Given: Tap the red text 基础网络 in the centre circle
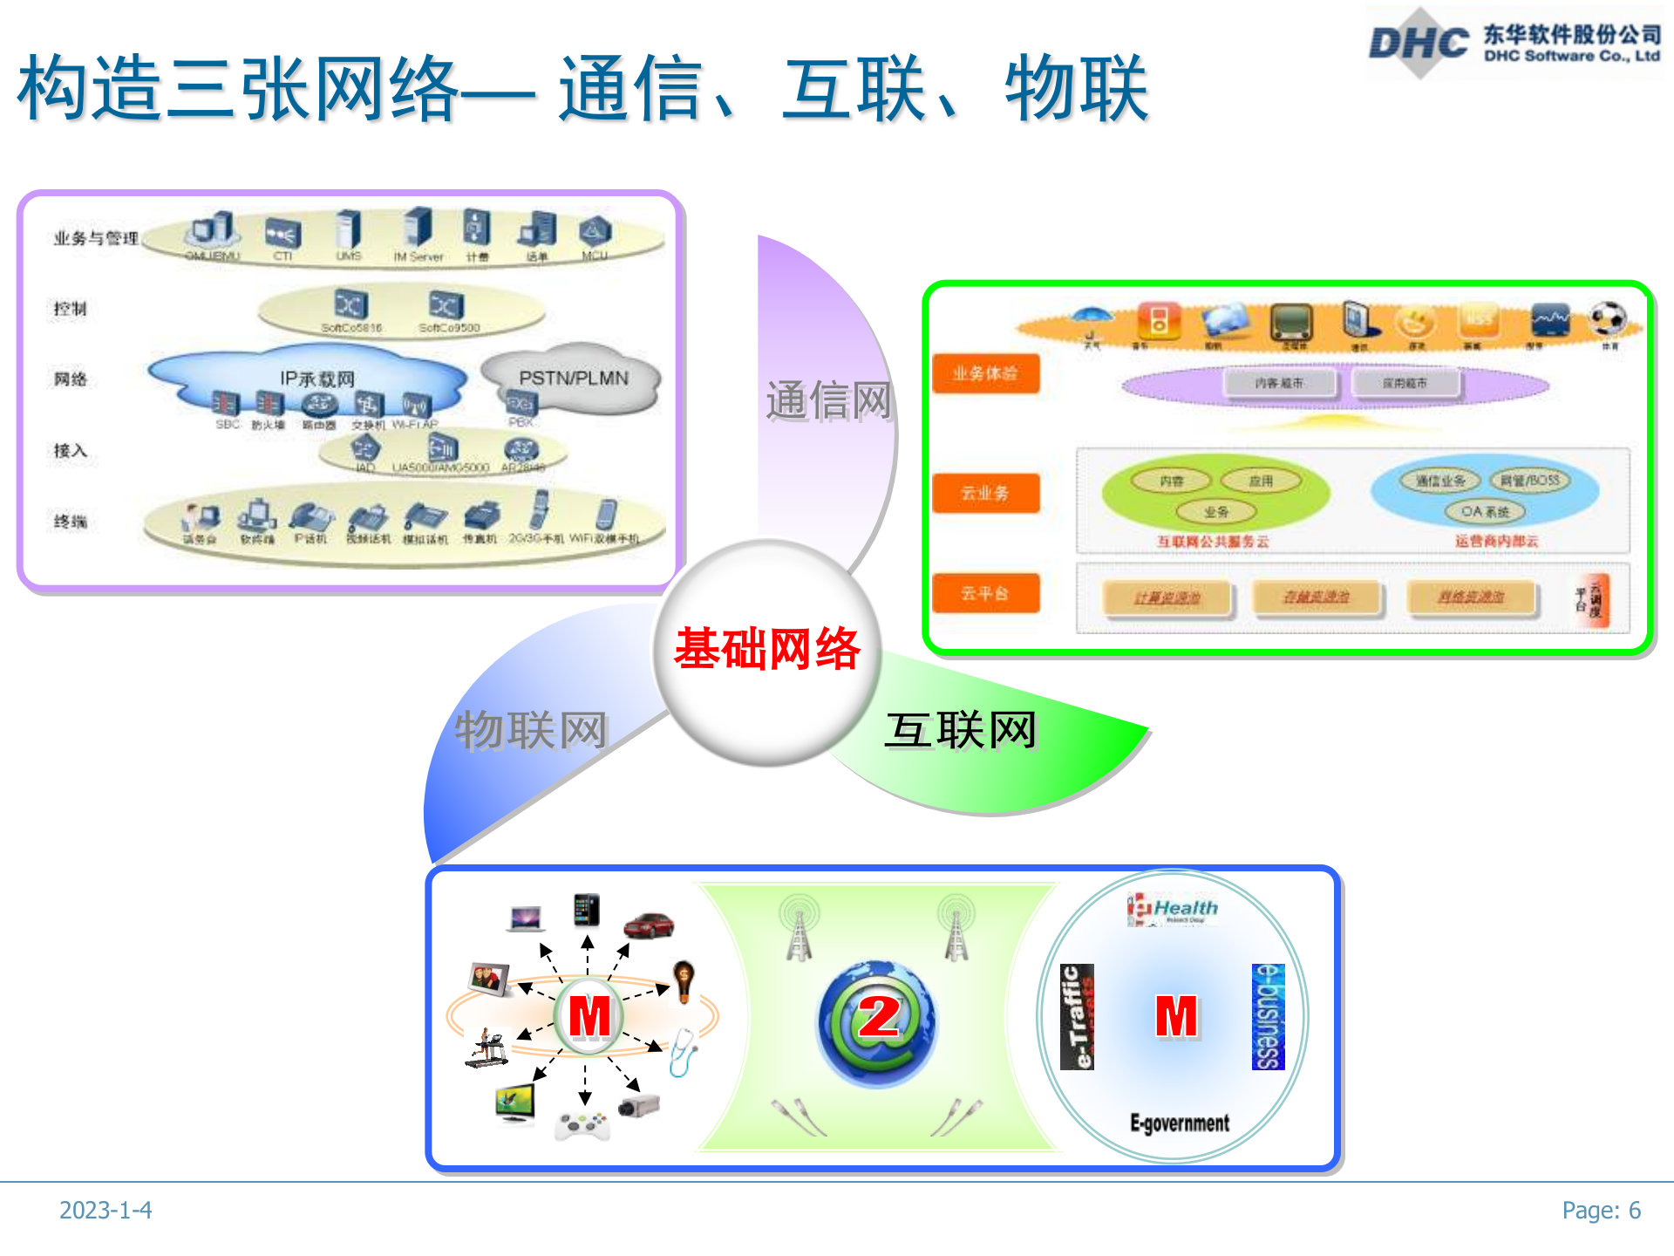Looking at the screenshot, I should click(767, 650).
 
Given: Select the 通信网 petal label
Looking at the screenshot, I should click(828, 401).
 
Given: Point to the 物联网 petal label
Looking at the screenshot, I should click(531, 730).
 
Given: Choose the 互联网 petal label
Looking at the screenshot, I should click(961, 730).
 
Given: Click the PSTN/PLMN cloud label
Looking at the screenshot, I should click(573, 379).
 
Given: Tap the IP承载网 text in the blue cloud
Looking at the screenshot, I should click(317, 379).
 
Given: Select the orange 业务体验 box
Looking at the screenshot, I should click(985, 374).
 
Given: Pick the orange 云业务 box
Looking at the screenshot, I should click(985, 493).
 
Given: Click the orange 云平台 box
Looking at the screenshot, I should click(985, 594).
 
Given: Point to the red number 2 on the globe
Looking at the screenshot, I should click(879, 1017).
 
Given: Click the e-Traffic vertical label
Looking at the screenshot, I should click(1077, 1017).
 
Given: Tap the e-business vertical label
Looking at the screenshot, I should click(1269, 1017).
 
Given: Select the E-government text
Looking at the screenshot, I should click(1180, 1123).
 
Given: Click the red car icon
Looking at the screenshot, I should click(650, 925).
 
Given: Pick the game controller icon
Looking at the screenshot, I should click(582, 1125).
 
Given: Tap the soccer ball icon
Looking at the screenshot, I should click(1608, 318).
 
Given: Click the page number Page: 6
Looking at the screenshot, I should click(1601, 1211).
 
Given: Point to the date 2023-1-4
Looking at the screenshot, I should click(105, 1211).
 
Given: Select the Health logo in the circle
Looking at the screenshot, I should click(1174, 909).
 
